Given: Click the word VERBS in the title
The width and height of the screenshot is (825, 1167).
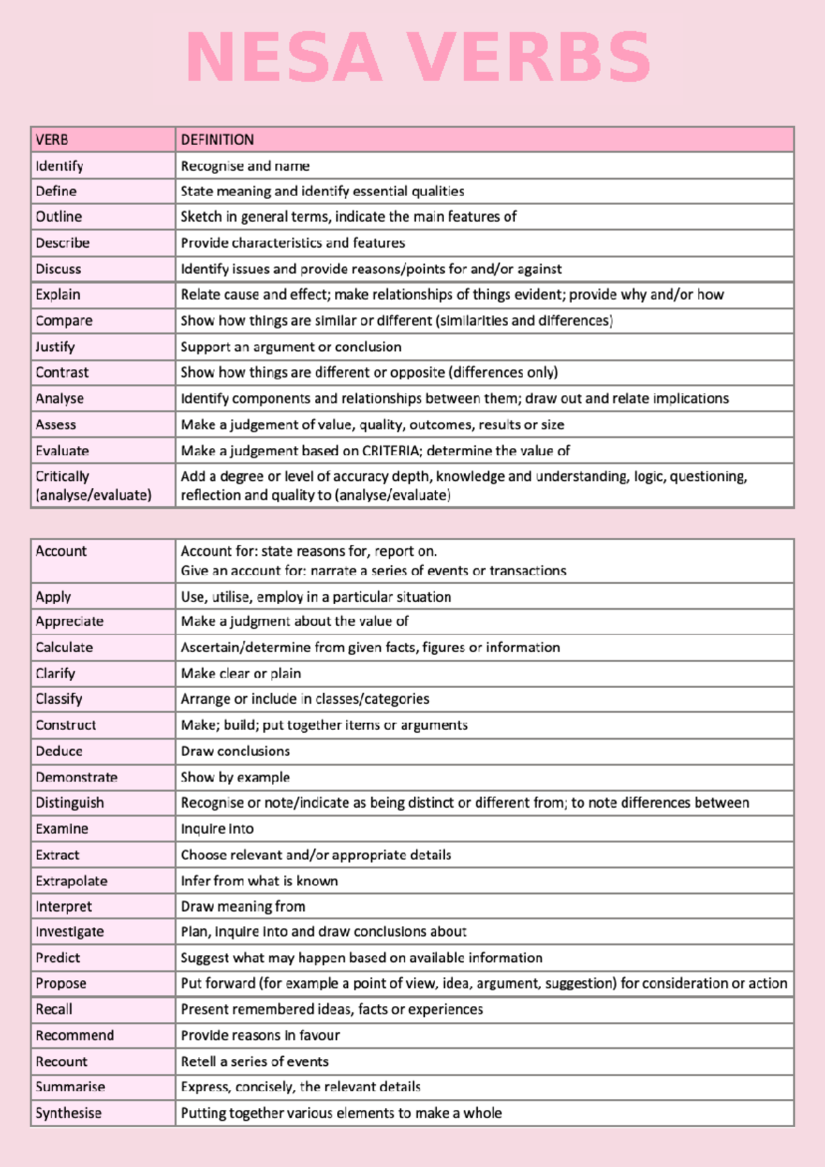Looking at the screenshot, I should (x=529, y=58).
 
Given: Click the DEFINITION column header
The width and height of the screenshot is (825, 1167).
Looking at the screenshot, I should (x=217, y=140).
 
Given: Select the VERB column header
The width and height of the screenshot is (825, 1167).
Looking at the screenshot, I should (x=52, y=140).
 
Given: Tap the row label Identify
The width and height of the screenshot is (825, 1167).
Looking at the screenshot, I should (x=59, y=166).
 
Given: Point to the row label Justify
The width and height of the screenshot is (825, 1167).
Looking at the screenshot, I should (x=55, y=347).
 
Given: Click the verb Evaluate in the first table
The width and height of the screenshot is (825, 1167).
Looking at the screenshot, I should (x=62, y=451).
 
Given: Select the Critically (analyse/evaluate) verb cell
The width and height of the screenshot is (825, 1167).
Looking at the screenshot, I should (x=93, y=486).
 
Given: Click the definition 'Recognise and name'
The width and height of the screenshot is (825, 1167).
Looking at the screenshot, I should (x=245, y=166).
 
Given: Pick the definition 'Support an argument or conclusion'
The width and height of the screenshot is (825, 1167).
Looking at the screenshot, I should (x=291, y=347).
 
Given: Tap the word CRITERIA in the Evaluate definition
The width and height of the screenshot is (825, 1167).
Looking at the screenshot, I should (x=391, y=451).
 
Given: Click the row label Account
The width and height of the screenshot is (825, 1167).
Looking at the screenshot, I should (x=61, y=551).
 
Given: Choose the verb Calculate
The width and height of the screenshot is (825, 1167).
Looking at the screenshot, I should (x=64, y=647).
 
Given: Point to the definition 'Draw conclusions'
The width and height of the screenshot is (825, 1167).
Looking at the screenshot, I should (x=235, y=751).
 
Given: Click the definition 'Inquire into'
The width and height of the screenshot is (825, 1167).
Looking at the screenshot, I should (x=217, y=829).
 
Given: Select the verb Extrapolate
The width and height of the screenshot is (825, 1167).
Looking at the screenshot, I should (x=71, y=881).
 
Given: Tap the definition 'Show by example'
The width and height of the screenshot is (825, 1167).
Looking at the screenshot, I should (x=235, y=778).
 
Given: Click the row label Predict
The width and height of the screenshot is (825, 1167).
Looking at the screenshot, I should (x=58, y=958).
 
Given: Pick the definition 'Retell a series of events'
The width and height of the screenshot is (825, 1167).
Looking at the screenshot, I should (x=254, y=1062).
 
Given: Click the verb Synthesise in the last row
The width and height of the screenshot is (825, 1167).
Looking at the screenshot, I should (x=68, y=1113).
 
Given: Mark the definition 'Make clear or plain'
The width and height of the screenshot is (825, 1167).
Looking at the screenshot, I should (x=241, y=674).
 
